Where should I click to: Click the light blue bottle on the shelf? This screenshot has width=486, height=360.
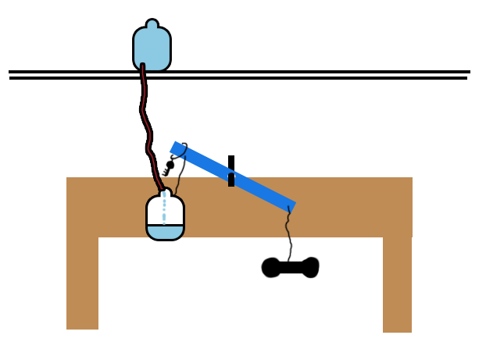[x=152, y=49]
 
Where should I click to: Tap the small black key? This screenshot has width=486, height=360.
[x=168, y=167]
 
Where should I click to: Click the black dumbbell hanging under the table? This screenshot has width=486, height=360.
[x=290, y=268]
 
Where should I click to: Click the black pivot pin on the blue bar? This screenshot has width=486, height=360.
[x=231, y=171]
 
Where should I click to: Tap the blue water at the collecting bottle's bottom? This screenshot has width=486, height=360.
[x=165, y=232]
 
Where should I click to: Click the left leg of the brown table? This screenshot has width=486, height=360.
[x=82, y=281]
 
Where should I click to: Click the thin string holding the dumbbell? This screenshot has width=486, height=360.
[x=288, y=234]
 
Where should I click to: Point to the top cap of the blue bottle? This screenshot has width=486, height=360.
[x=152, y=24]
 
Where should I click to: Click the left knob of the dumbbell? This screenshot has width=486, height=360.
[x=270, y=268]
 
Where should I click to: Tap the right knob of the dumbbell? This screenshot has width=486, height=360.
[x=310, y=267]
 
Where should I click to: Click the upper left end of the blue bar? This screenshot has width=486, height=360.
[x=177, y=148]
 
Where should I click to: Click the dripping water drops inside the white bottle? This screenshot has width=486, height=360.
[x=164, y=210]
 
